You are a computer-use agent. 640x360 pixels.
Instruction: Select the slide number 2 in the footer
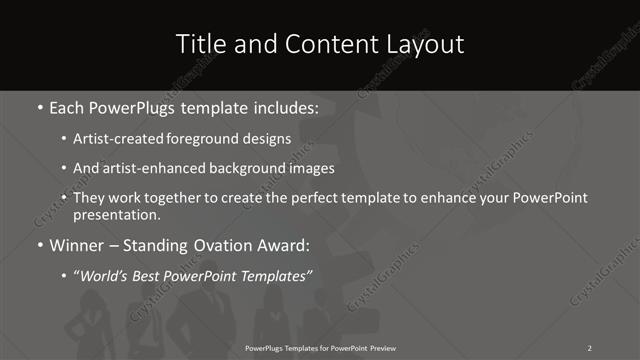pos(589,348)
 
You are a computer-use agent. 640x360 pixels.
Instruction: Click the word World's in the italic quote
pos(111,275)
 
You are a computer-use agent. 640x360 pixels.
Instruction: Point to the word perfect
pos(305,197)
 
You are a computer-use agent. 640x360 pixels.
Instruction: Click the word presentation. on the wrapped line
pos(118,215)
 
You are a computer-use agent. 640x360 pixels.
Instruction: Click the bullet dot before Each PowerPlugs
pos(39,106)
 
